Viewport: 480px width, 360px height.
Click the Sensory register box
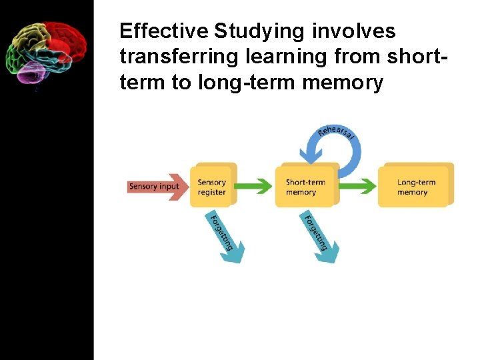tap(213, 186)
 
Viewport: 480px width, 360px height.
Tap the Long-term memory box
tap(415, 186)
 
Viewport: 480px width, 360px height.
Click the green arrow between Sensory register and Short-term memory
tap(256, 186)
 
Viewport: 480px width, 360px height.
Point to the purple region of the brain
tap(29, 73)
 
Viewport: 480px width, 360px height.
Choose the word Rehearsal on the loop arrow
tap(336, 131)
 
